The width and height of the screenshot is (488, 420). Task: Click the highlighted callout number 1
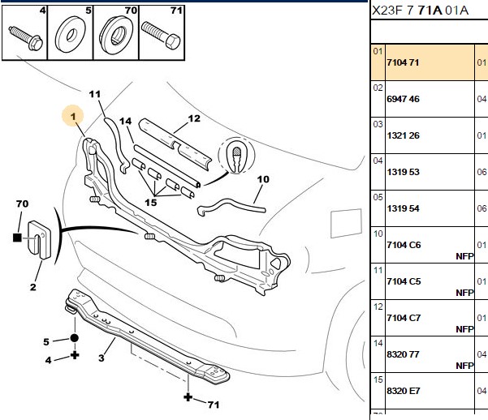[x=73, y=117]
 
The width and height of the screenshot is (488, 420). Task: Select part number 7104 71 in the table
[x=403, y=62]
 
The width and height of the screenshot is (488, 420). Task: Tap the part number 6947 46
[x=403, y=99]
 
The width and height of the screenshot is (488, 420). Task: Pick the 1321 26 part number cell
[x=403, y=135]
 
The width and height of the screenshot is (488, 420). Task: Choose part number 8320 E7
[x=404, y=391]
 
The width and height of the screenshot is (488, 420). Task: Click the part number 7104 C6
[x=404, y=245]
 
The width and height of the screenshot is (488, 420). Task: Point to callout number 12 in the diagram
[x=194, y=118]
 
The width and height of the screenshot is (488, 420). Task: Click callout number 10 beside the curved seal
[x=263, y=179]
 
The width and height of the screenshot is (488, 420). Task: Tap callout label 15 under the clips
[x=151, y=203]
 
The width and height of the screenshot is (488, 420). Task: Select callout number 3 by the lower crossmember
[x=101, y=358]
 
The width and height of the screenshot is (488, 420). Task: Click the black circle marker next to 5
[x=75, y=338]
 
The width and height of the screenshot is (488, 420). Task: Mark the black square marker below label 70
[x=17, y=238]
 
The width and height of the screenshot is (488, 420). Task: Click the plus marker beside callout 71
[x=188, y=397]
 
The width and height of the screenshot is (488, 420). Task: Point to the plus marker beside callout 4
[x=75, y=355]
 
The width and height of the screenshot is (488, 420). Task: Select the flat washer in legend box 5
[x=71, y=35]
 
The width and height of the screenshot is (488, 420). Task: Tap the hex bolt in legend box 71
[x=161, y=35]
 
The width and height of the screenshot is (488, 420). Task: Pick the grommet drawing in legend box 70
[x=116, y=35]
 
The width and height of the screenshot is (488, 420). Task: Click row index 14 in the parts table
[x=378, y=343]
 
